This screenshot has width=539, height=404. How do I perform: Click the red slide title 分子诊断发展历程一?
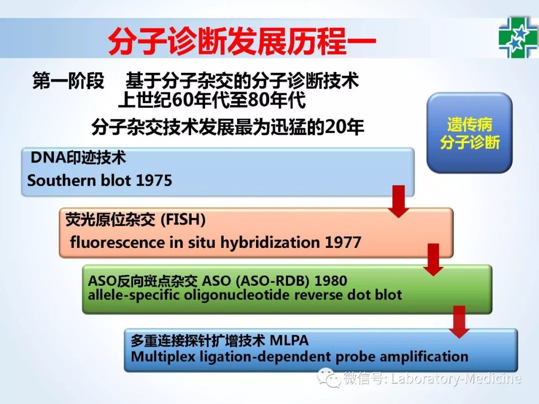[x=242, y=41]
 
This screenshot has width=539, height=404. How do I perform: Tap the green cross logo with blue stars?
[x=518, y=37]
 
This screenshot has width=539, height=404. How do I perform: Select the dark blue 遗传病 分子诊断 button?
[x=470, y=133]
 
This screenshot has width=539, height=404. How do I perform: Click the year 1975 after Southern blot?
[x=154, y=181]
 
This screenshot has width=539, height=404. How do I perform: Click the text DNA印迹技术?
[x=78, y=157]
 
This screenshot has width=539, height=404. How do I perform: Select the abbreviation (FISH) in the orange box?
[x=183, y=219]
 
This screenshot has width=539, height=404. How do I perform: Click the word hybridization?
[x=270, y=242]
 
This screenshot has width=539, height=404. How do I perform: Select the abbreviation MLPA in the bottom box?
[x=289, y=341]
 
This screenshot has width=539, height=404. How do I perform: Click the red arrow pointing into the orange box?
[x=398, y=202]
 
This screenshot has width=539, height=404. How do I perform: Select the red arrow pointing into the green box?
[x=433, y=260]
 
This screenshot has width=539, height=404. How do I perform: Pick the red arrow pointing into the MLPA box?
[x=459, y=322]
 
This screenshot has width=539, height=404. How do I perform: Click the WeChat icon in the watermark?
[x=329, y=378]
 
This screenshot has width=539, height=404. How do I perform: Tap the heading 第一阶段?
[x=68, y=81]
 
